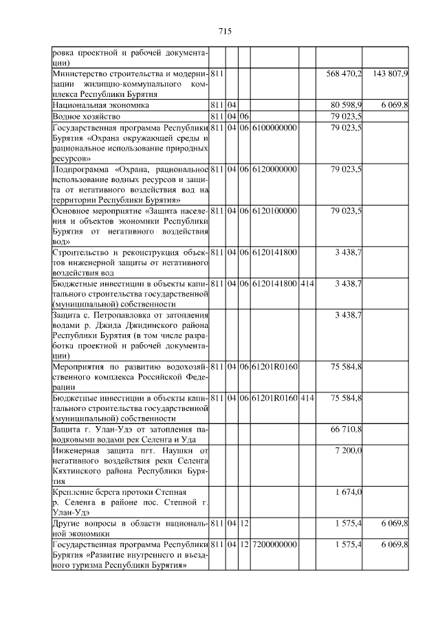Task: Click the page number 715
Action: pos(223,32)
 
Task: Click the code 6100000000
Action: pos(274,129)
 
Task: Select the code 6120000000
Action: pos(274,169)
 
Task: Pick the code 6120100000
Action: pos(274,210)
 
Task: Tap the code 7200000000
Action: pos(274,544)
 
